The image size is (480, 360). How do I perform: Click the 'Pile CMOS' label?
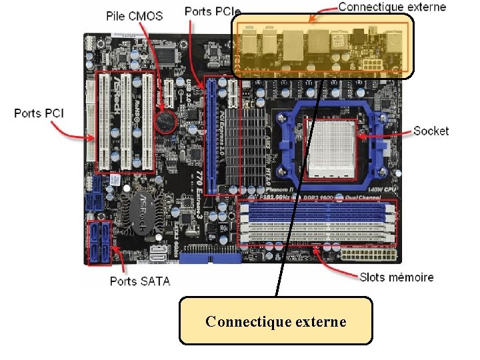135,16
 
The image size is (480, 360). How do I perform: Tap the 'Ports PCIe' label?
212,11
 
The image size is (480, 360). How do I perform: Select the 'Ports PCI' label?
39,113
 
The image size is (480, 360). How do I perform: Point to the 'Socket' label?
431,131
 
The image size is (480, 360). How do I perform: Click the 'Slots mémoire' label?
396,277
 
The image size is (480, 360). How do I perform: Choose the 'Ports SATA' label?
140,281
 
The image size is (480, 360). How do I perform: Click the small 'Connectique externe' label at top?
392,7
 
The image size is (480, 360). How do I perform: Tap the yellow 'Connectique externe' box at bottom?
276,321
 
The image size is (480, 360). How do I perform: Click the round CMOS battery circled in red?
165,121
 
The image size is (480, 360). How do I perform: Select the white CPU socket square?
330,149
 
